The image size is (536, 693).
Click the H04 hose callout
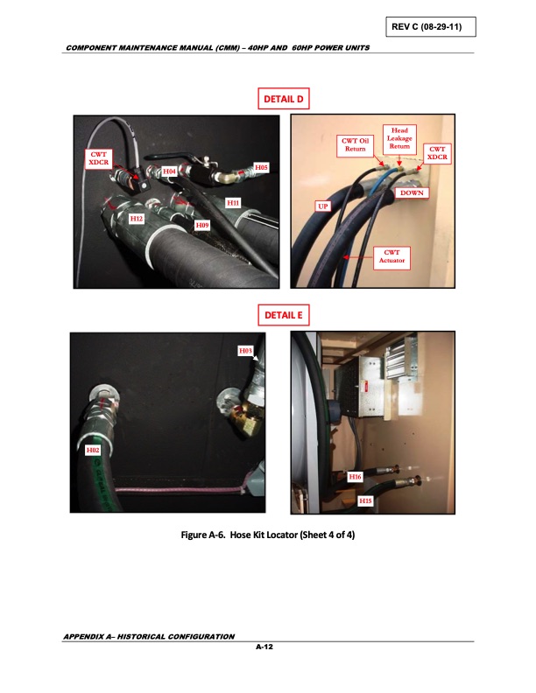click(171, 171)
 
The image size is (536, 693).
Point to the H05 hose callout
click(262, 165)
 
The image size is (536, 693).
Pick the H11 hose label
click(233, 202)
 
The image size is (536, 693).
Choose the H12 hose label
click(136, 218)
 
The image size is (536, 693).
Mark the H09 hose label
click(202, 225)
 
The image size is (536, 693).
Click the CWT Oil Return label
click(355, 143)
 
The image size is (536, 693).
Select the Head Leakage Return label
click(399, 138)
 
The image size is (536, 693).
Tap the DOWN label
click(413, 191)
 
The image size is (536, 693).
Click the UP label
click(321, 205)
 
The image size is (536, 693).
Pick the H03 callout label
click(246, 350)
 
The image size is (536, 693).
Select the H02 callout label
click(93, 450)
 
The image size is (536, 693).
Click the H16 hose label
click(355, 477)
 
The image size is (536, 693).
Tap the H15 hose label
click(367, 500)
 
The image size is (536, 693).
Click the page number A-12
click(267, 648)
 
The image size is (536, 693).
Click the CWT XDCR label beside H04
click(97, 157)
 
